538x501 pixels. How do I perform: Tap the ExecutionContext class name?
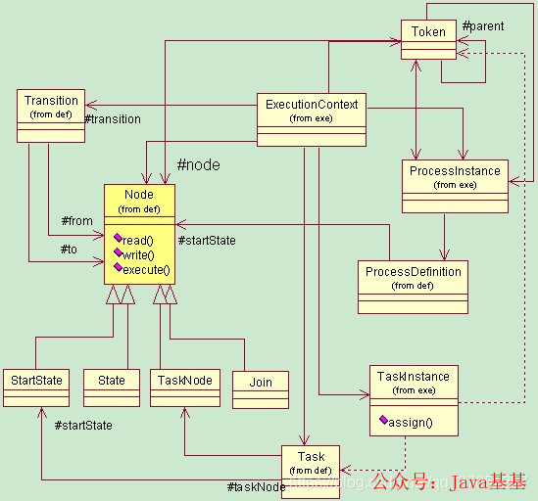[x=312, y=104]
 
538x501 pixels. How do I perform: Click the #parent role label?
[x=482, y=26]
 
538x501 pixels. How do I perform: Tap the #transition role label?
[x=113, y=119]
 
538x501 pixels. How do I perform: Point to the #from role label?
[x=76, y=221]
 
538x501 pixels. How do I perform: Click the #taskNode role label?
[x=256, y=487]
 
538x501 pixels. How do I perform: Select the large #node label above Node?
[x=198, y=165]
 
